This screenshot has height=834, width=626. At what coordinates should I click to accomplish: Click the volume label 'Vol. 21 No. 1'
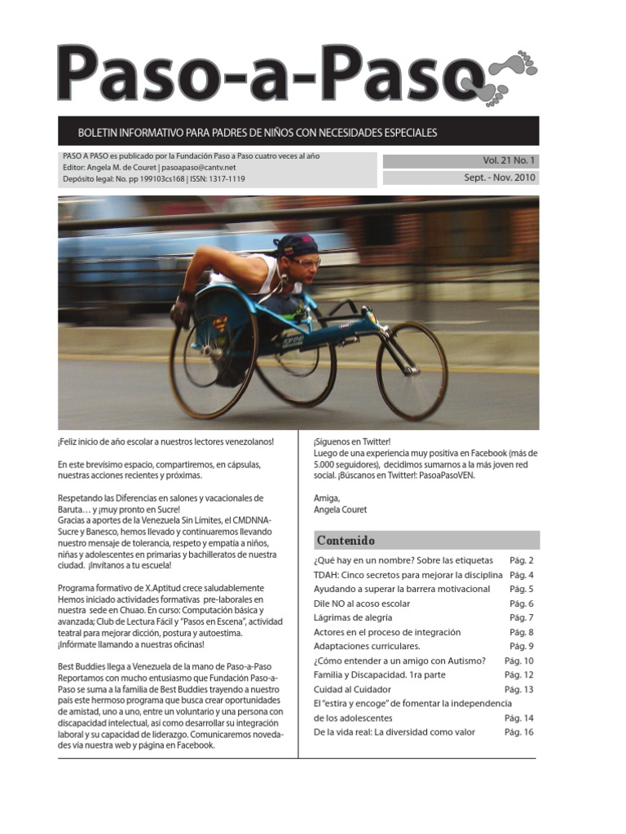pyautogui.click(x=505, y=160)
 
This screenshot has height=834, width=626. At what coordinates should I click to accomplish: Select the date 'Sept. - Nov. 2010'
pyautogui.click(x=499, y=178)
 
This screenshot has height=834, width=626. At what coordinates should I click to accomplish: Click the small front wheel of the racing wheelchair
pyautogui.click(x=412, y=371)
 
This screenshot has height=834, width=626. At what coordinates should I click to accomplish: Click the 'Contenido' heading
pyautogui.click(x=346, y=540)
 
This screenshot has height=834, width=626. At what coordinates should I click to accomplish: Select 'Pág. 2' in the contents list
pyautogui.click(x=521, y=560)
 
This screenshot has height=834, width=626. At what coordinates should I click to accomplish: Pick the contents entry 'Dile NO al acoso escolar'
pyautogui.click(x=362, y=604)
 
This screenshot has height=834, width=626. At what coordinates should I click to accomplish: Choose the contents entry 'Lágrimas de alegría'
pyautogui.click(x=356, y=617)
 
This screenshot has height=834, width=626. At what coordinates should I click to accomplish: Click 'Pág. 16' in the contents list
pyautogui.click(x=518, y=732)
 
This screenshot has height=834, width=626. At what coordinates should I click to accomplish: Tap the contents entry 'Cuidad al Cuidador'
pyautogui.click(x=351, y=689)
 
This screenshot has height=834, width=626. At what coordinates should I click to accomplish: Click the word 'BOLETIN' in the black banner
pyautogui.click(x=99, y=132)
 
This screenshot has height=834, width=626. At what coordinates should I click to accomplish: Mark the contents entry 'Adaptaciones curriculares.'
pyautogui.click(x=367, y=646)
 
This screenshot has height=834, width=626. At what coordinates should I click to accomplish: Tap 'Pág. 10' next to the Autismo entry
pyautogui.click(x=518, y=661)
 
